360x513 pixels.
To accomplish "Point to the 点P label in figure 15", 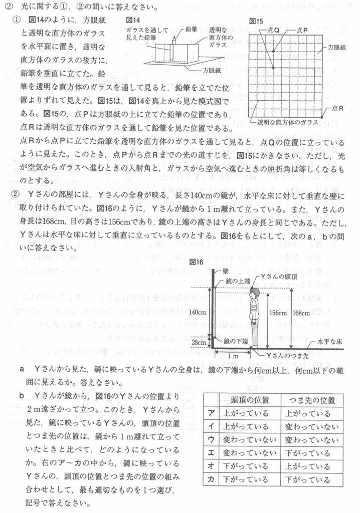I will [302, 30].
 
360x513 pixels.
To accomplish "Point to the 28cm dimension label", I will [199, 343].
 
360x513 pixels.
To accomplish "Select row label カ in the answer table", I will [211, 479].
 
